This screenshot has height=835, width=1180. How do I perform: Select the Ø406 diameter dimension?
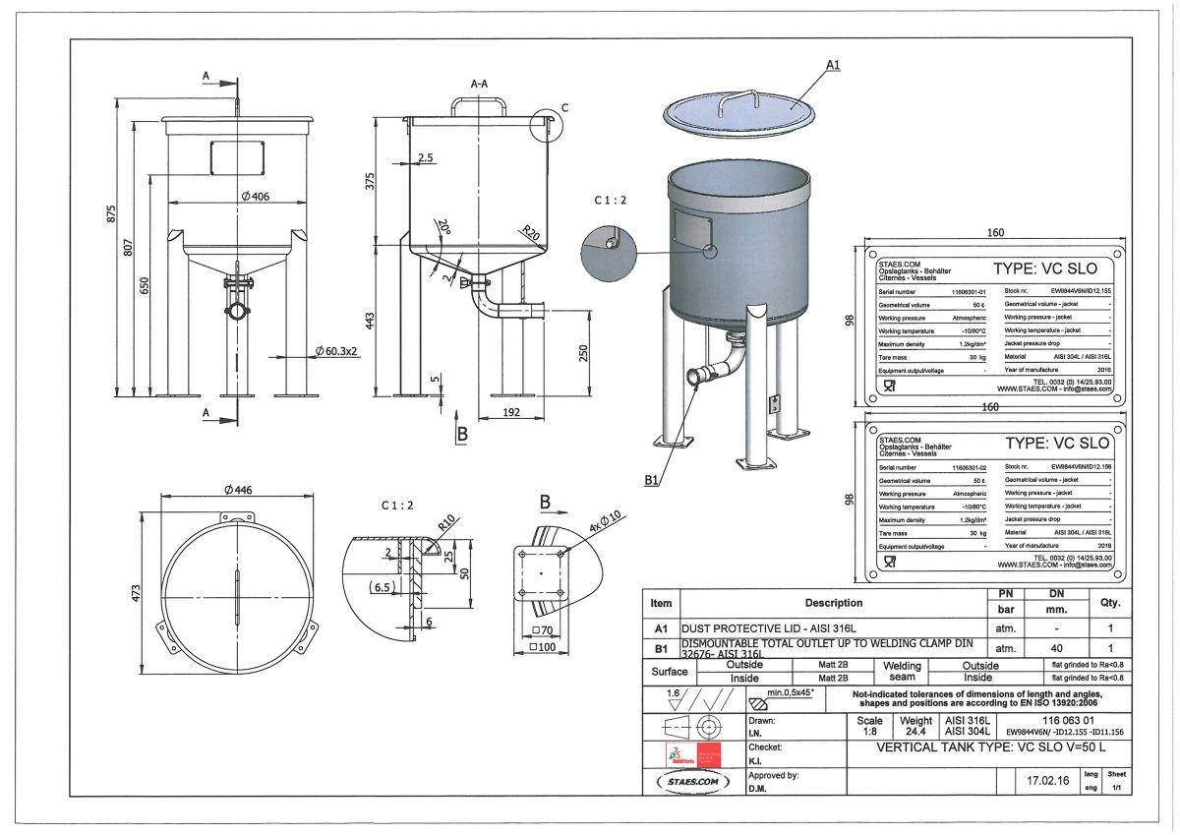pyautogui.click(x=254, y=197)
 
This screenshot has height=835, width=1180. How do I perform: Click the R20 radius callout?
pyautogui.click(x=532, y=234)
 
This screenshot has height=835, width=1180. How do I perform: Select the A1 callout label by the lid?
pyautogui.click(x=833, y=64)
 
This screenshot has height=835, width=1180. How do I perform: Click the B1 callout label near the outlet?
pyautogui.click(x=652, y=480)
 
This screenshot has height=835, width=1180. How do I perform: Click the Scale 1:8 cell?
pyautogui.click(x=869, y=725)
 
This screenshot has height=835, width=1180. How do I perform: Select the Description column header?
pyautogui.click(x=833, y=602)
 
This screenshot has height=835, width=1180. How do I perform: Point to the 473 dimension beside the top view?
pyautogui.click(x=137, y=593)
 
